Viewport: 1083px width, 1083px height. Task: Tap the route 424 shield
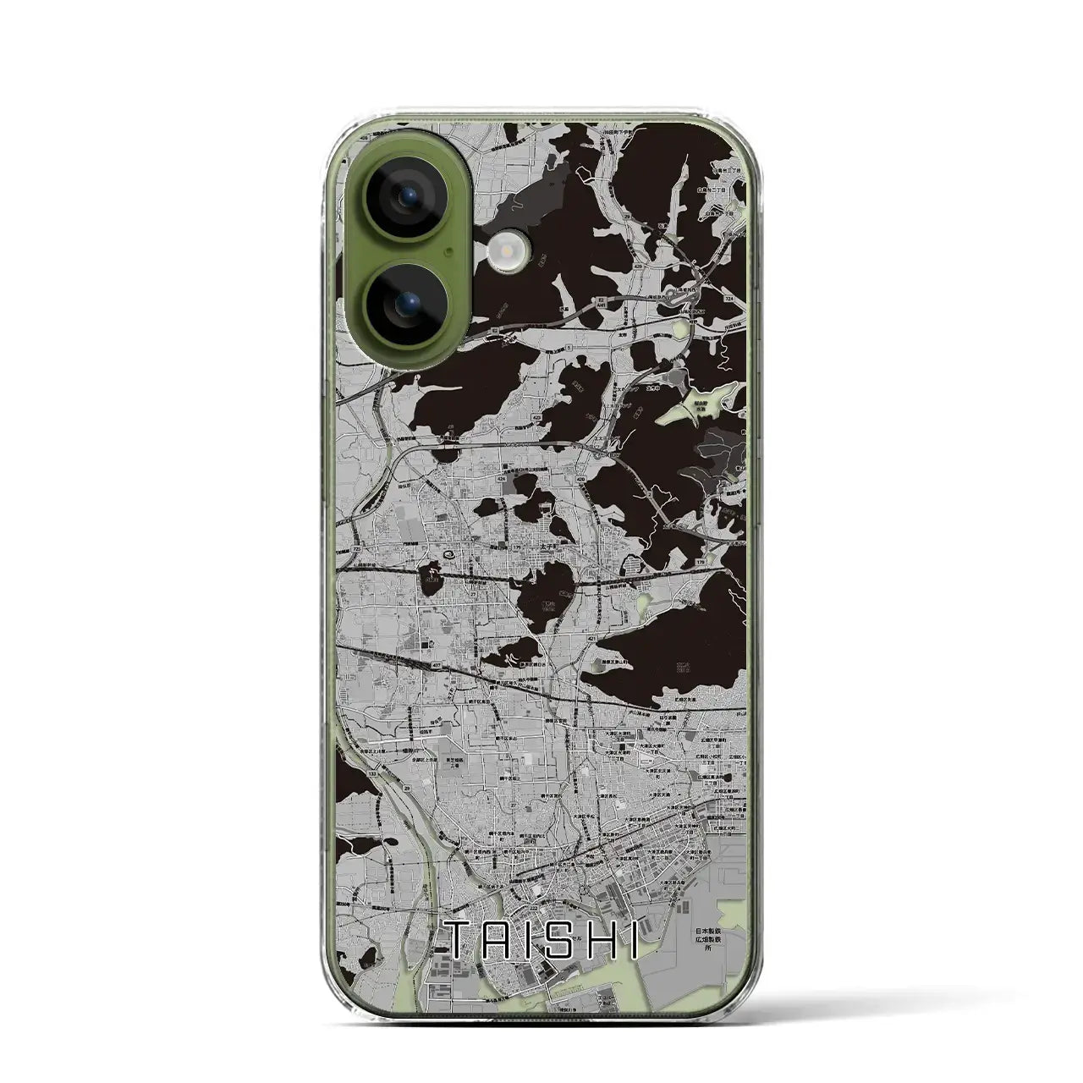(x=502, y=478)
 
